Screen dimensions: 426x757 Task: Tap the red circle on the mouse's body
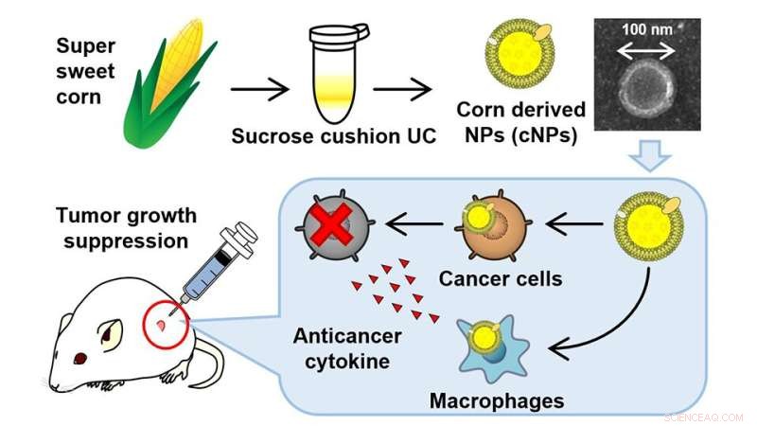tap(161, 326)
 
